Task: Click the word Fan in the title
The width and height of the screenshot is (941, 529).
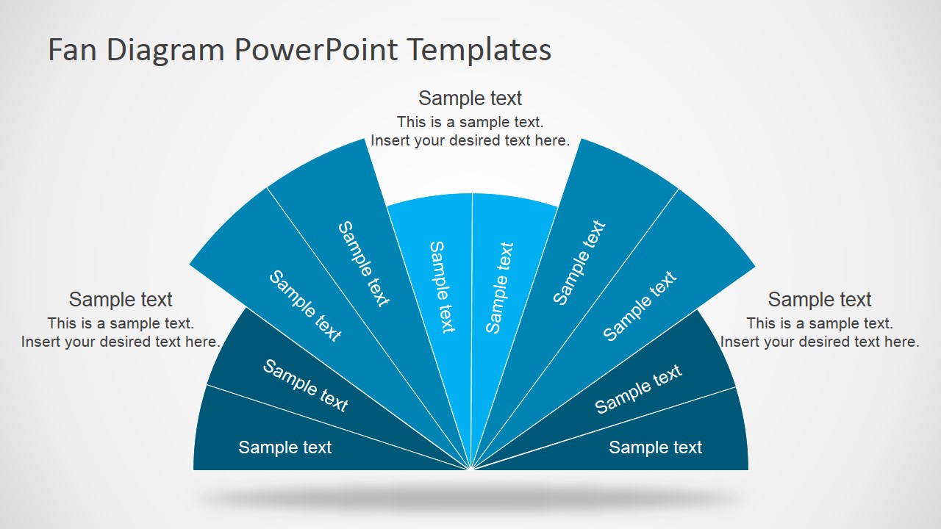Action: tap(74, 50)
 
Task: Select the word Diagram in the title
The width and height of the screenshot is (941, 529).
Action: tap(166, 50)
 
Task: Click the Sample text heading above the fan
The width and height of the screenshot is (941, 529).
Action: tap(470, 98)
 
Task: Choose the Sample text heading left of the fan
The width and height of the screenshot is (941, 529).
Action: tap(121, 299)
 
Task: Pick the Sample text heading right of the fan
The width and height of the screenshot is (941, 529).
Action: tap(820, 299)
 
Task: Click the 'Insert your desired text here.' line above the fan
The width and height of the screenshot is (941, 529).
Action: tap(470, 140)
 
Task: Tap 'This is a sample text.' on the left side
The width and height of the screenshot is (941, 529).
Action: tap(121, 323)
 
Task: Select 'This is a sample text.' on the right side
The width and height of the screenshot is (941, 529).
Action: tap(820, 323)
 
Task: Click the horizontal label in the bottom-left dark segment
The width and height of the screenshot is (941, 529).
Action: tap(285, 447)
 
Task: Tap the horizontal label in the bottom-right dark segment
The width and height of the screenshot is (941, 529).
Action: tap(656, 447)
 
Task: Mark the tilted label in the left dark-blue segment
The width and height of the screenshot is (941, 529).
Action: tap(305, 386)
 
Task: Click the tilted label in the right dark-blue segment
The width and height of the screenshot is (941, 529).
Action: tap(638, 389)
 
